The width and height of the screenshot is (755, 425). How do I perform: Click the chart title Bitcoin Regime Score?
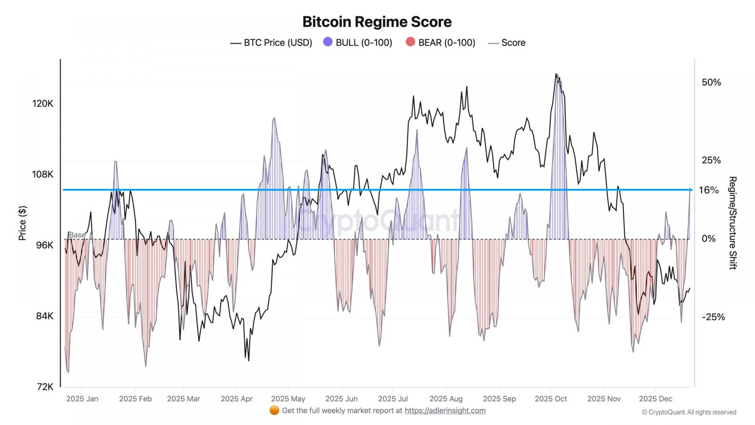377,22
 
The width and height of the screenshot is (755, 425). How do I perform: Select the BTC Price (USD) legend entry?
271,42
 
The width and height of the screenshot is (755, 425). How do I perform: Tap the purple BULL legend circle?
328,42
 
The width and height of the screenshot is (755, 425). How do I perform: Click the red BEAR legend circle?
411,42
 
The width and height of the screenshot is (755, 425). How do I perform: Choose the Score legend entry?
507,42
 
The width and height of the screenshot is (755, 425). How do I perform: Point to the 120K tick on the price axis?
43,103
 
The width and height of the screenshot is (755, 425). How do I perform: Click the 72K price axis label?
45,387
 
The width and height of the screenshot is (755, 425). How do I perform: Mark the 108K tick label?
43,174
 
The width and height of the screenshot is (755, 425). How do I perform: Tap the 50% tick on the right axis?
711,82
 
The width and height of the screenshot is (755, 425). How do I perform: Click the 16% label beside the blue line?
709,190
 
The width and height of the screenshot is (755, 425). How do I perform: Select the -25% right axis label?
713,317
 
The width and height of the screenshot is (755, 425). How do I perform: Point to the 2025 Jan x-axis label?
82,399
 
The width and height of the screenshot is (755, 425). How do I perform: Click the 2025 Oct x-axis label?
551,399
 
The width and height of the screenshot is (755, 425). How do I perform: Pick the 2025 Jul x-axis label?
393,399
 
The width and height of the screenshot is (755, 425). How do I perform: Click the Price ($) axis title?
22,223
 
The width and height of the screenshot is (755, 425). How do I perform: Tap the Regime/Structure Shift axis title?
732,223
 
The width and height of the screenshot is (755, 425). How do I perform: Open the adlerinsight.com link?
445,410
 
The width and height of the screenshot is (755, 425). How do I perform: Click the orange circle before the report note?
274,410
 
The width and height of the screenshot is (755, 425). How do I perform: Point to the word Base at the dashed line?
77,235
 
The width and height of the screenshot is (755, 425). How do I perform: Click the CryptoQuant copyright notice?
689,412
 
